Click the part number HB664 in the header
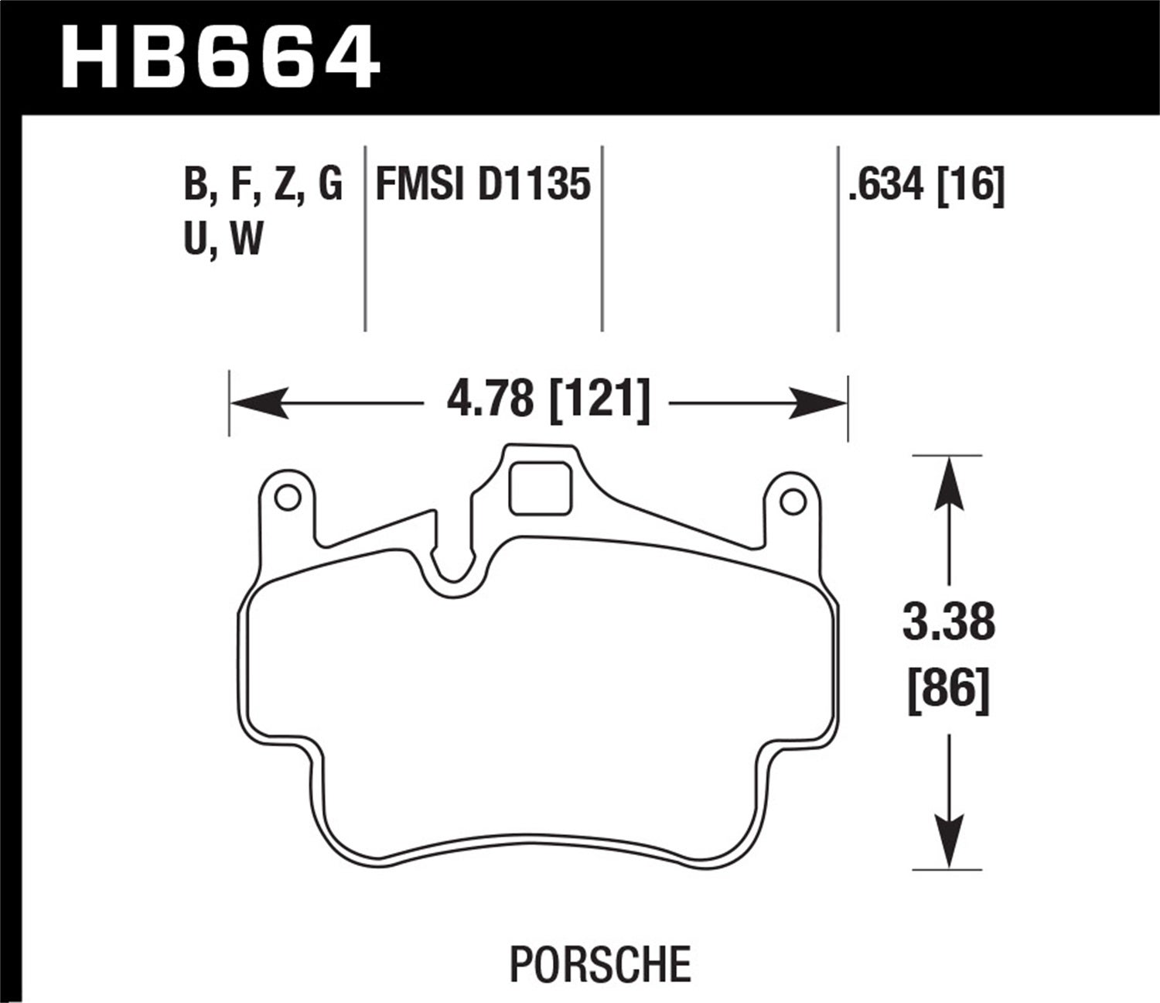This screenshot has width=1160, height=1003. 220,56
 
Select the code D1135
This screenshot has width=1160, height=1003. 534,186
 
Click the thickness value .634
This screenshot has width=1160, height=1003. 886,186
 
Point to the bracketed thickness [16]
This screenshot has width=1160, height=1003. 971,186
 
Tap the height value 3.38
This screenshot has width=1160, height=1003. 948,623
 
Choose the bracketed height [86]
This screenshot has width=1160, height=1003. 948,687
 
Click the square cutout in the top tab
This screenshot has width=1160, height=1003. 541,488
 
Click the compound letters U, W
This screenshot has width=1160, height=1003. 223,239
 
